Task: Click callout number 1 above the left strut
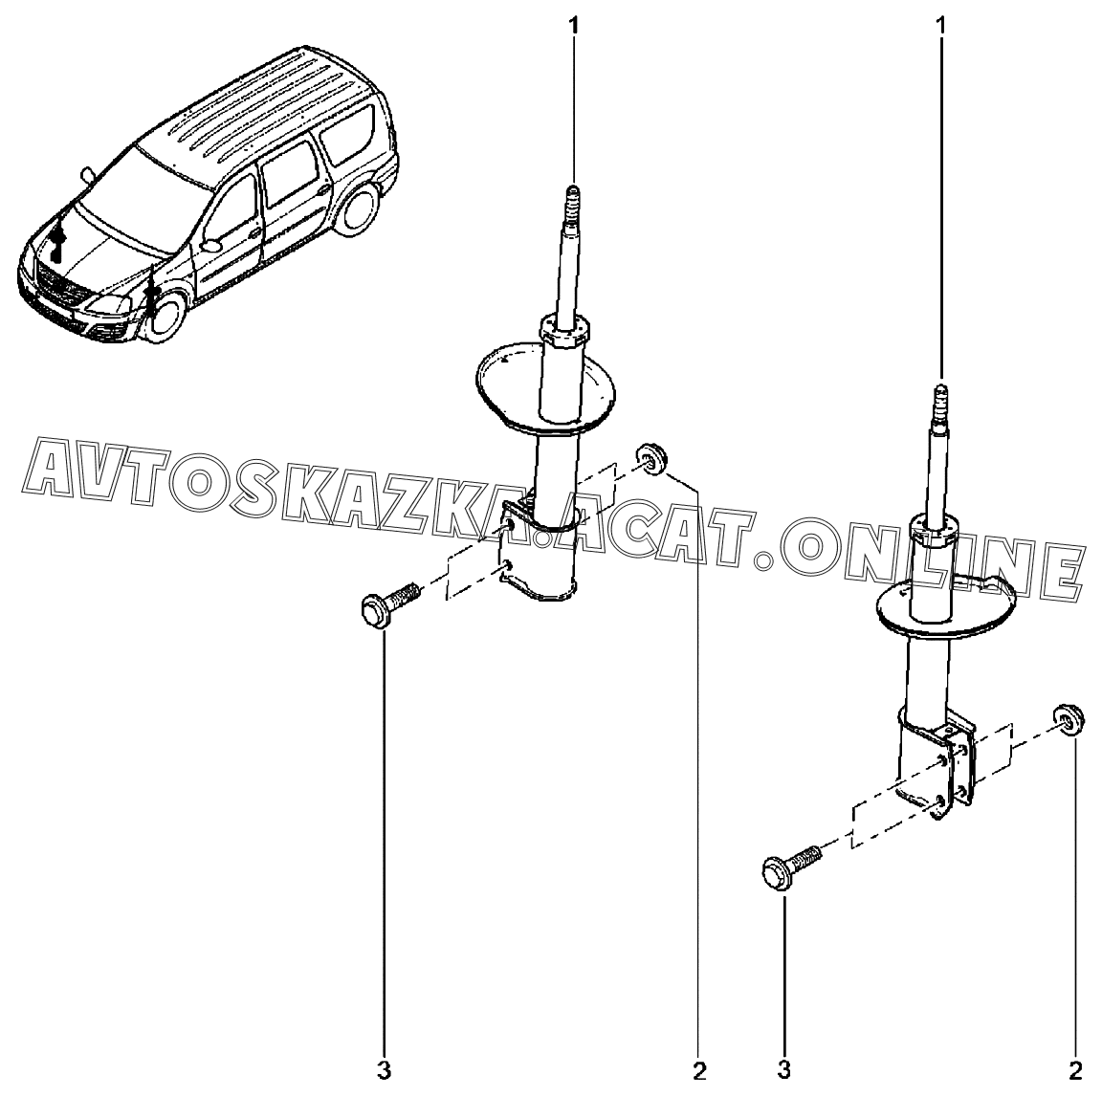point(574,26)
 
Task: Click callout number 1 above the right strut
point(941,26)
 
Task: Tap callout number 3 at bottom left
point(384,1071)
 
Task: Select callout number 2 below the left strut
point(698,1071)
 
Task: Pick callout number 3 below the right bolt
point(784,1071)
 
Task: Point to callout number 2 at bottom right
point(1075,1071)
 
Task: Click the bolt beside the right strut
point(792,866)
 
